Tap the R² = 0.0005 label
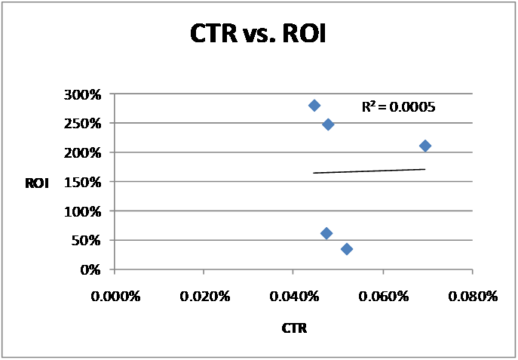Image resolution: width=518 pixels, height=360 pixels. (397, 107)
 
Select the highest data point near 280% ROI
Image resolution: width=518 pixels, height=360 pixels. (314, 105)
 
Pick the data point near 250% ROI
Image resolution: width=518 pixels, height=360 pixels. (328, 124)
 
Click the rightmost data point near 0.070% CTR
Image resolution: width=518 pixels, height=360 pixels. (425, 146)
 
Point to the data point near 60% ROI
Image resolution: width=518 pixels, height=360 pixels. (326, 233)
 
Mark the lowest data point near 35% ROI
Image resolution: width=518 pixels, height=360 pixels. (347, 249)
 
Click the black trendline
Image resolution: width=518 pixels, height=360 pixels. (369, 171)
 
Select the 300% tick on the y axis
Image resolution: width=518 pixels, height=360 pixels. (86, 95)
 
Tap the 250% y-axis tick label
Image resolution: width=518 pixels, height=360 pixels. (86, 124)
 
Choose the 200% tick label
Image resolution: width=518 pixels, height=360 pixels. (86, 153)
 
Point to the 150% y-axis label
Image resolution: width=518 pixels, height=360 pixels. (86, 182)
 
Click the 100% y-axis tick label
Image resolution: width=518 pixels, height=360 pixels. (86, 211)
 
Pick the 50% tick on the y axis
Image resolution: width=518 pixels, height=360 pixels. (89, 240)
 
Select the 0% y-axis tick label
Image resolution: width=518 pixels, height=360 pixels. (92, 269)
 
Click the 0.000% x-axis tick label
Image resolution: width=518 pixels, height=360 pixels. (115, 297)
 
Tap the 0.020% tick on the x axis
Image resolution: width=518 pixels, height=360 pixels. (204, 297)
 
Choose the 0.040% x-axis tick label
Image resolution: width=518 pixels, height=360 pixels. (294, 297)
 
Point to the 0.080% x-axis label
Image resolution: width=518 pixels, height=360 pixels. (474, 297)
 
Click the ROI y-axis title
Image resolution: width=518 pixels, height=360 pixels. (37, 182)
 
